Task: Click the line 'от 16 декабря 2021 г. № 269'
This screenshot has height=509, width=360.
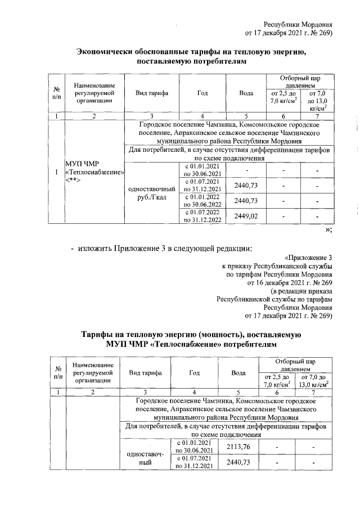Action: coord(287,283)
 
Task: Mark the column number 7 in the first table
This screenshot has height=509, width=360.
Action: coord(317,116)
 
